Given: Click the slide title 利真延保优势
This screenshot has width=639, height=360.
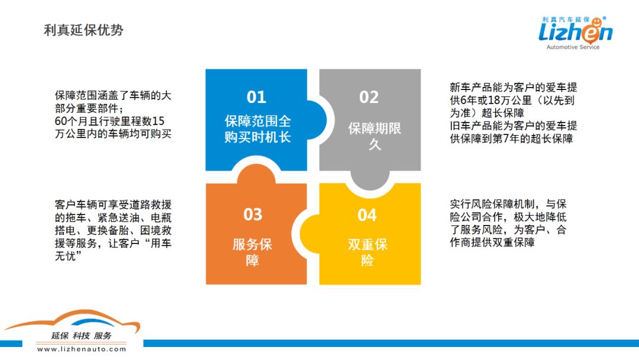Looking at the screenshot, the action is coord(83,30).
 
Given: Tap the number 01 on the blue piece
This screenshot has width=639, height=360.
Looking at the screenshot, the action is coord(256,97).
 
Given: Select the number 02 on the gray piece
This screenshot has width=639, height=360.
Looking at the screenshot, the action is coord(369,97).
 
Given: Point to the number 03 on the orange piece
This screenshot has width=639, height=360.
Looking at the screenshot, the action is coord(253,214).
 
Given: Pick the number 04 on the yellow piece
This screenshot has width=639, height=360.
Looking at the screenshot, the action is coord(367,216).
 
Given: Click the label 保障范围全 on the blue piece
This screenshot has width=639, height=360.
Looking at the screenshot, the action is coord(257,121).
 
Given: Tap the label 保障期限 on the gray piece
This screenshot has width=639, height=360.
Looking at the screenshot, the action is coord(375,128).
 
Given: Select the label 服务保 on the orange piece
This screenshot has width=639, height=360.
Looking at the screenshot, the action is coord(252,245).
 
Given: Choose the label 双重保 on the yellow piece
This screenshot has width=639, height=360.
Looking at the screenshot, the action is coord(367,245).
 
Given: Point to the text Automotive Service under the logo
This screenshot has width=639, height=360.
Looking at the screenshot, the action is coord(573,47).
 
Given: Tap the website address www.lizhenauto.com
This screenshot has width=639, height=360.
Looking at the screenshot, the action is coord(82,349).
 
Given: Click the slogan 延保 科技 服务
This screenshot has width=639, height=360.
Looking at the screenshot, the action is coord(81,336).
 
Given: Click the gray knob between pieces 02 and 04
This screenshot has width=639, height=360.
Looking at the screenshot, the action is coord(370,180).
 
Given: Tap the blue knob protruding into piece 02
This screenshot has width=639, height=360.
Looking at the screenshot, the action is coord(316,120).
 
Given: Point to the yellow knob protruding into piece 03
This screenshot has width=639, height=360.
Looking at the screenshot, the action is coord(309,234).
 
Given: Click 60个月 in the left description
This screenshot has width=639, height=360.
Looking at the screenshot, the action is coord(70,121).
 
